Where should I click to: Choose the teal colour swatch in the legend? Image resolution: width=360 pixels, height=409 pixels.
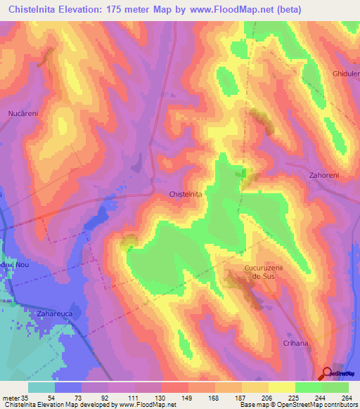click(x=41, y=387)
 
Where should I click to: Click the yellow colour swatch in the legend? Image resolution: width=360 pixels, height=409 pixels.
click(x=282, y=387)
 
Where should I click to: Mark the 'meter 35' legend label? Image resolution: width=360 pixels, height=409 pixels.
click(x=15, y=398)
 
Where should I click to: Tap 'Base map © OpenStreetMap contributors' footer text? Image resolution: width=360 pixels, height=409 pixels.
click(x=298, y=405)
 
